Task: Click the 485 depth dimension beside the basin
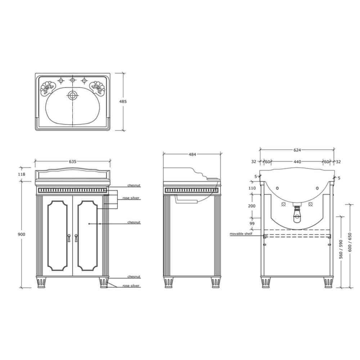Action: (x=123, y=102)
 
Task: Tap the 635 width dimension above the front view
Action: (x=73, y=162)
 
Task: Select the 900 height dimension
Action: (x=21, y=234)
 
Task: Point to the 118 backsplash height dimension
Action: (x=21, y=174)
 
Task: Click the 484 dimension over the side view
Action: (x=192, y=154)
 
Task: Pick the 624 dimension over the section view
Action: (x=297, y=150)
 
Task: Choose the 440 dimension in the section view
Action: (x=297, y=162)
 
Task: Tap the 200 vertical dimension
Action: (x=252, y=206)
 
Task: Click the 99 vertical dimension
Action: (x=252, y=224)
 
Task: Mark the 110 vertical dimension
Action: (x=252, y=188)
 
